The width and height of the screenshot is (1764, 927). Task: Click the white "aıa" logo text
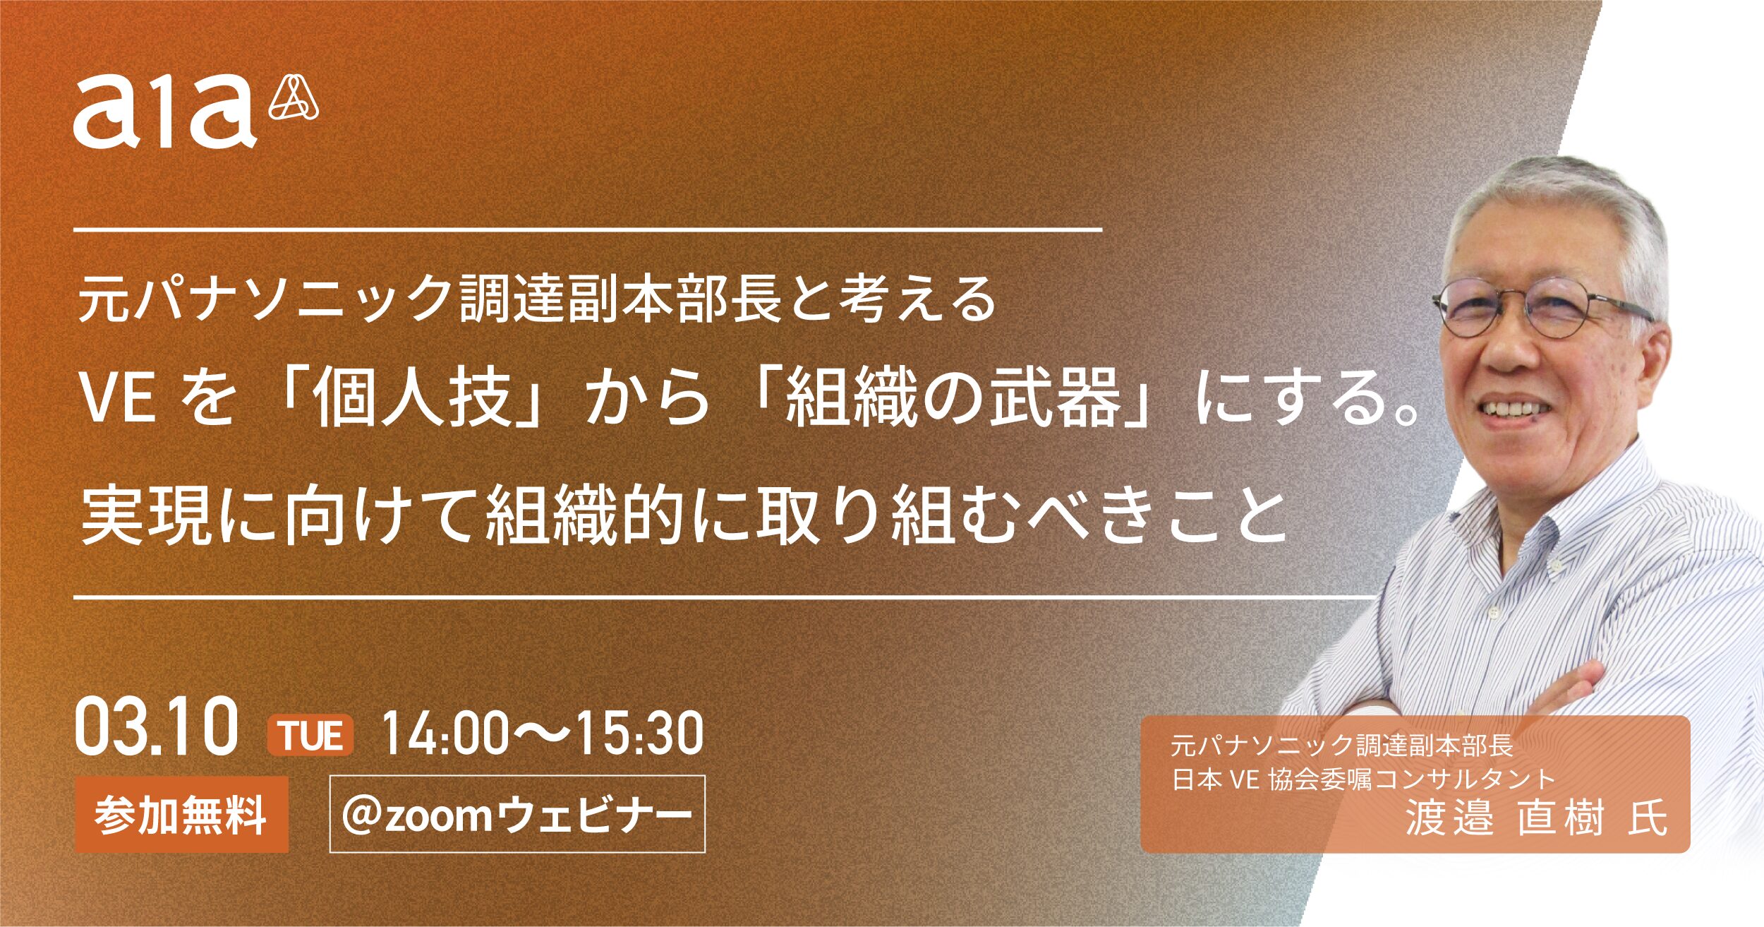(x=164, y=111)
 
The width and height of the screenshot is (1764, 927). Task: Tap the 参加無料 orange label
(x=181, y=815)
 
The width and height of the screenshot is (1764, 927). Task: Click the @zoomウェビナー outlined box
(x=517, y=814)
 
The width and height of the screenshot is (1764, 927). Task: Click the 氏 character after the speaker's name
(x=1647, y=818)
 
